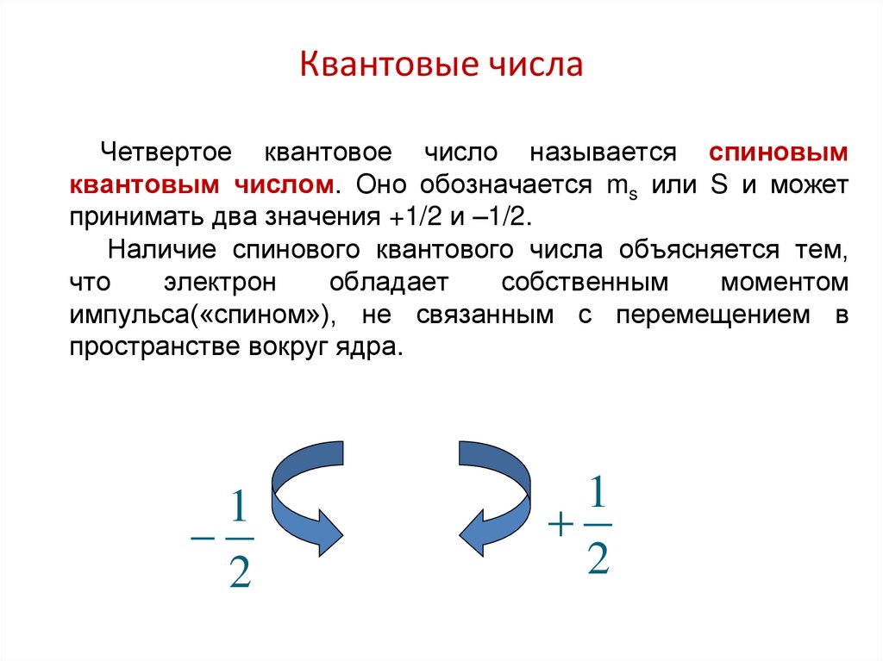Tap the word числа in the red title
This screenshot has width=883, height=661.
pos(535,65)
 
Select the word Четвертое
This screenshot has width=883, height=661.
pos(165,153)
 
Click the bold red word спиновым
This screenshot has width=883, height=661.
pos(779,153)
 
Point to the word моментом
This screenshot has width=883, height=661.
pos(785,283)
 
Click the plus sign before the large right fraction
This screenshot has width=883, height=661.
pos(560,525)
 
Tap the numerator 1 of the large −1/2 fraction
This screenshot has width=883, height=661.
pos(240,509)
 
